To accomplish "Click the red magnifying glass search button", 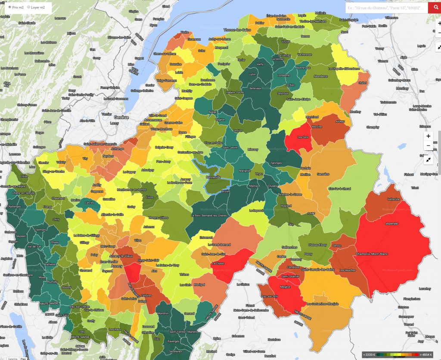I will [434, 8].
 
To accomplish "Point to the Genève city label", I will [118, 117].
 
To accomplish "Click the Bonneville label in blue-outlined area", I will [213, 177].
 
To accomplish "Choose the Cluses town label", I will [272, 186].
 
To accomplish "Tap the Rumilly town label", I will [53, 282].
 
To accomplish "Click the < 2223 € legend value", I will [370, 354].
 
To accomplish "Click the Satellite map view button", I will [13, 358].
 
